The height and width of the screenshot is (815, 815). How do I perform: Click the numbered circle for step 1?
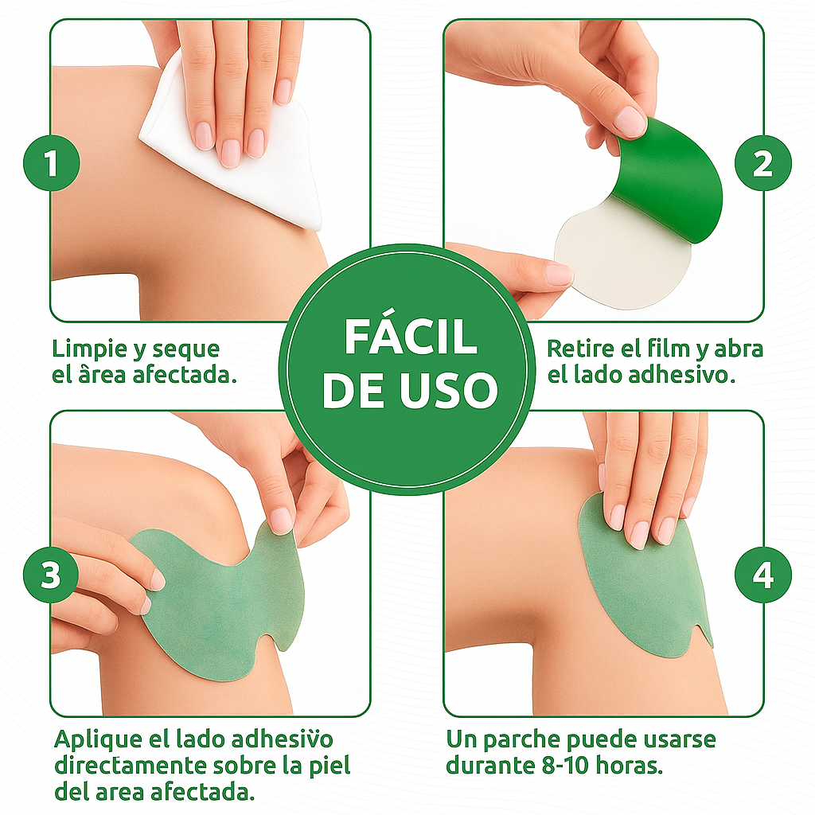point(52,166)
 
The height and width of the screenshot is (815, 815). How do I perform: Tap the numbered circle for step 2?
point(762,165)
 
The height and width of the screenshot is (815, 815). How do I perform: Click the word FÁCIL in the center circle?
point(410,337)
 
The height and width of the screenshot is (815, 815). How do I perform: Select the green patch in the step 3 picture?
point(215,605)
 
